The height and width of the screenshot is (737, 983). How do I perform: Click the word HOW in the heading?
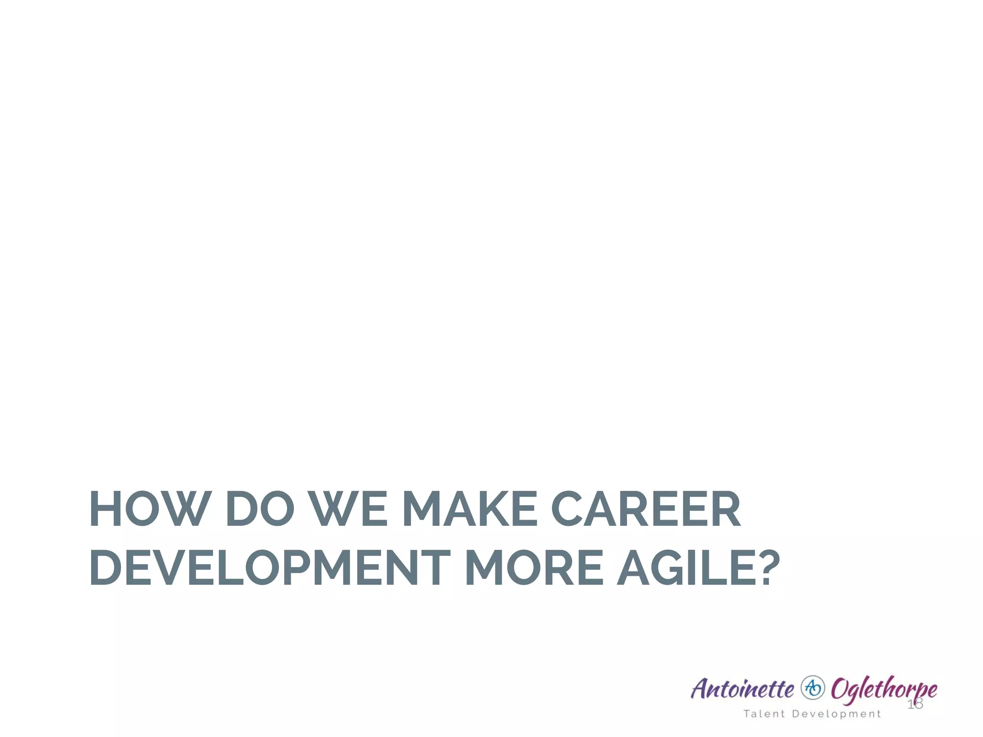[x=150, y=509]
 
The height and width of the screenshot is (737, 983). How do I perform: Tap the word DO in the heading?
[x=259, y=509]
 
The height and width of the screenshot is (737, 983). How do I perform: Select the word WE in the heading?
[x=348, y=509]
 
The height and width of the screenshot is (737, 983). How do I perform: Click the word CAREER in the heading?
[x=646, y=509]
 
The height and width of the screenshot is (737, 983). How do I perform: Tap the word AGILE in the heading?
[x=682, y=568]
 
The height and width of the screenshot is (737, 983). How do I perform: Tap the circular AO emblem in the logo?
[x=813, y=688]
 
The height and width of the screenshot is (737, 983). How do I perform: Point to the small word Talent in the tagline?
[x=764, y=714]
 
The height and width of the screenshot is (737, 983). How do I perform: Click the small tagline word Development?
[x=837, y=714]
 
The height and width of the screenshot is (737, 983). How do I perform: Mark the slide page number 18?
[x=915, y=704]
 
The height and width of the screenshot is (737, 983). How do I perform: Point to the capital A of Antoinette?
[x=701, y=689]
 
